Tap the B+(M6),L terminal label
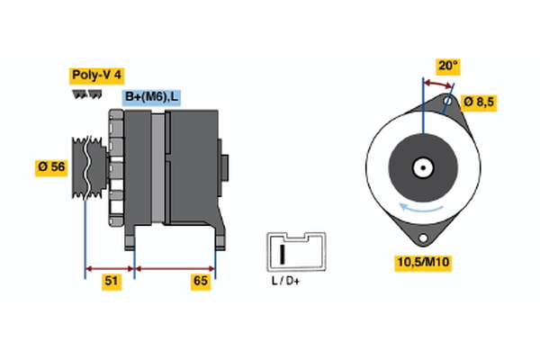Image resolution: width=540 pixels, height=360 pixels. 149,96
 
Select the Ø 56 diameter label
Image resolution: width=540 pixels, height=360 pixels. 51,168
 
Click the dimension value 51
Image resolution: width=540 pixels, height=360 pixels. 111,282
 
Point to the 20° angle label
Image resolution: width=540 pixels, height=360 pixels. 449,66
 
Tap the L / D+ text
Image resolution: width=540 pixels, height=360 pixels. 285,281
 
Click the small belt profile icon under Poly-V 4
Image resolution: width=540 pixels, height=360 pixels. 86,93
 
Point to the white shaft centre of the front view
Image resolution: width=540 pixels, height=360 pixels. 421,167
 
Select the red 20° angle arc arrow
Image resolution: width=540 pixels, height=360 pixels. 437,83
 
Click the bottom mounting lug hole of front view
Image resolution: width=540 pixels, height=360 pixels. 421,237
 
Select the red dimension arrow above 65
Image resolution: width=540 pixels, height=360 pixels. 175,267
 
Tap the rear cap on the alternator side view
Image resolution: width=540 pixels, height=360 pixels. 224,168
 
